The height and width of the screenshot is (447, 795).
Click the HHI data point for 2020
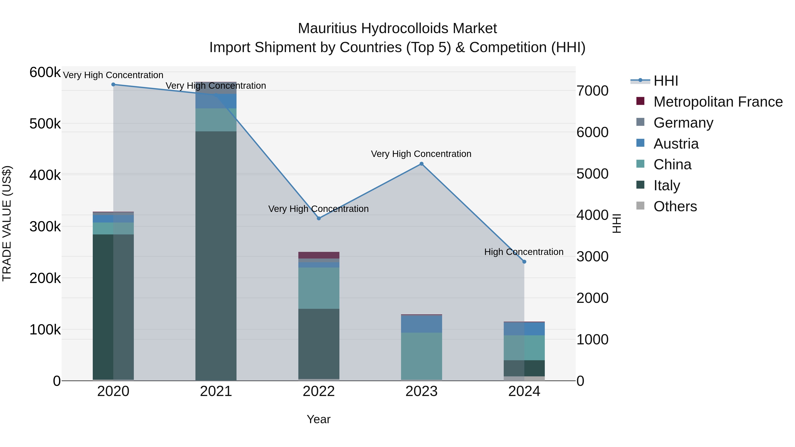pos(113,85)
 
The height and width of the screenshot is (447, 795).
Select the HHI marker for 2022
pos(319,218)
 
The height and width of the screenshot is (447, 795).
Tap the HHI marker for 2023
pos(422,164)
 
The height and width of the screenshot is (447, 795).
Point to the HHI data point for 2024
pos(524,262)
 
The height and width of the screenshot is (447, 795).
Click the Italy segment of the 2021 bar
pos(216,256)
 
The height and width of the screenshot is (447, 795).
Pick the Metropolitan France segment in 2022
pos(319,255)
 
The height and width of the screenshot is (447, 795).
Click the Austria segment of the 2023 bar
pos(422,324)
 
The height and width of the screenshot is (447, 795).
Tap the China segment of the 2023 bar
pos(422,356)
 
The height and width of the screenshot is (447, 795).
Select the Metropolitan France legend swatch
pos(640,101)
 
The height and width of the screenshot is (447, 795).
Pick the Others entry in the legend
pos(675,206)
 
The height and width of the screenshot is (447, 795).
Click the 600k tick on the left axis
pos(45,73)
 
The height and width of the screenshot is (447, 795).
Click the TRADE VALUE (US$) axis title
pos(7,223)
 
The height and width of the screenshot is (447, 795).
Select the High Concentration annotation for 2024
pos(524,252)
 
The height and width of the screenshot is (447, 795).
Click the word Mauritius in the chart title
pos(327,29)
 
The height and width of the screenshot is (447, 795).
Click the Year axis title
pos(318,420)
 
